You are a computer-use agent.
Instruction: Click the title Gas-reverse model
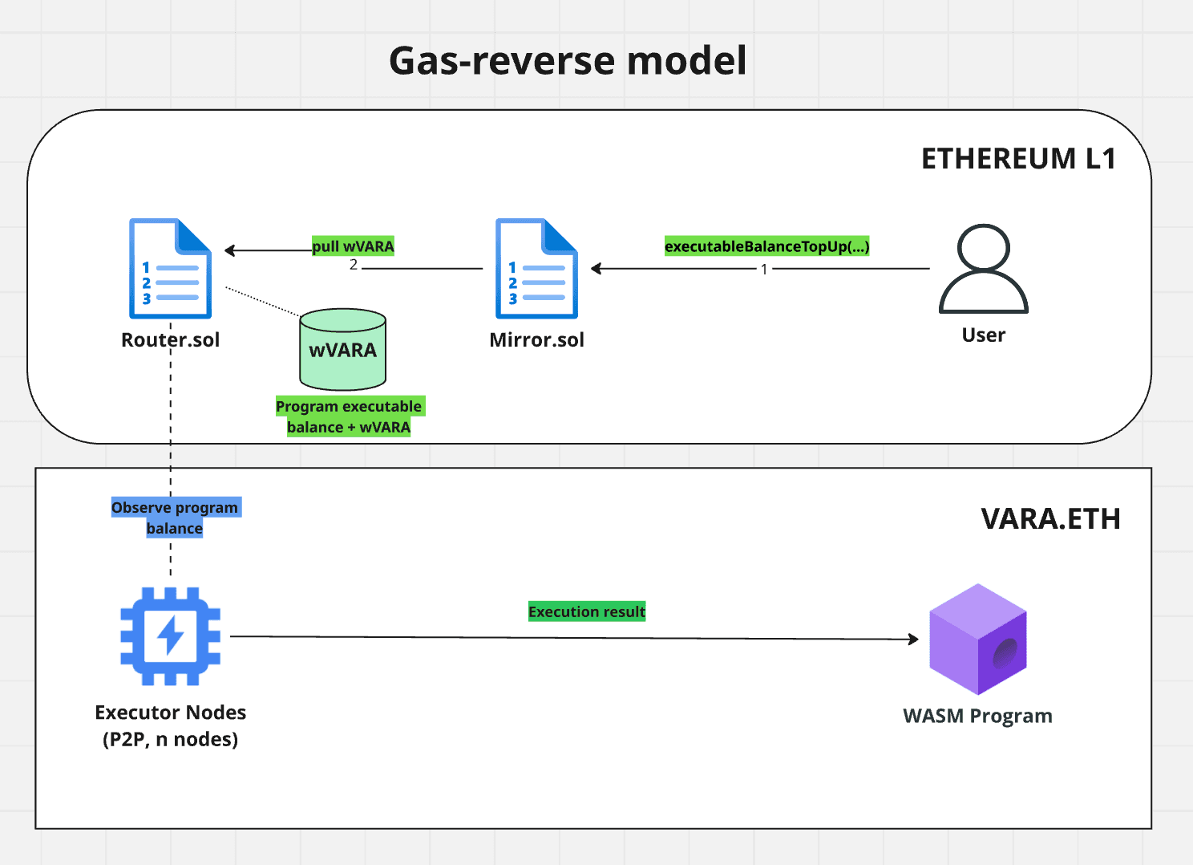pyautogui.click(x=568, y=61)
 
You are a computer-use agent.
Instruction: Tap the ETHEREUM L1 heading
pyautogui.click(x=1018, y=159)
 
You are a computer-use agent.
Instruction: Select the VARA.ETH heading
pyautogui.click(x=1050, y=519)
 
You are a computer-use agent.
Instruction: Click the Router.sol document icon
pyautogui.click(x=170, y=269)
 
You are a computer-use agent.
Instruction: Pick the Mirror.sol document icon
pyautogui.click(x=536, y=269)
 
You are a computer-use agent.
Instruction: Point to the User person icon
pyautogui.click(x=983, y=269)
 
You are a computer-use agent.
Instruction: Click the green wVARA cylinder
pyautogui.click(x=343, y=350)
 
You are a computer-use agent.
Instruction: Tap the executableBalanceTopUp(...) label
pyautogui.click(x=766, y=246)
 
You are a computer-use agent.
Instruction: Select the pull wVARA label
pyautogui.click(x=353, y=246)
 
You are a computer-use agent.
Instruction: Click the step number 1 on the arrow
pyautogui.click(x=764, y=270)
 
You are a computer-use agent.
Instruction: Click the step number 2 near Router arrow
pyautogui.click(x=354, y=265)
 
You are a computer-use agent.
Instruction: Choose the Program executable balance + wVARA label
pyautogui.click(x=349, y=416)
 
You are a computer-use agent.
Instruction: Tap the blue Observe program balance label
pyautogui.click(x=175, y=518)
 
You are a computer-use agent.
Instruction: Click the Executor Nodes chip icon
pyautogui.click(x=170, y=636)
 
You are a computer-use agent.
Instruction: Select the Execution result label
pyautogui.click(x=587, y=611)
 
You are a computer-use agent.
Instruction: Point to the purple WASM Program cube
pyautogui.click(x=977, y=639)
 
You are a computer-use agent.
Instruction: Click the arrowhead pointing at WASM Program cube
pyautogui.click(x=913, y=639)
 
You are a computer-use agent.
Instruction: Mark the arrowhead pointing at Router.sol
pyautogui.click(x=230, y=250)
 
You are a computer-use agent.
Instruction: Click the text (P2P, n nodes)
pyautogui.click(x=170, y=739)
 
